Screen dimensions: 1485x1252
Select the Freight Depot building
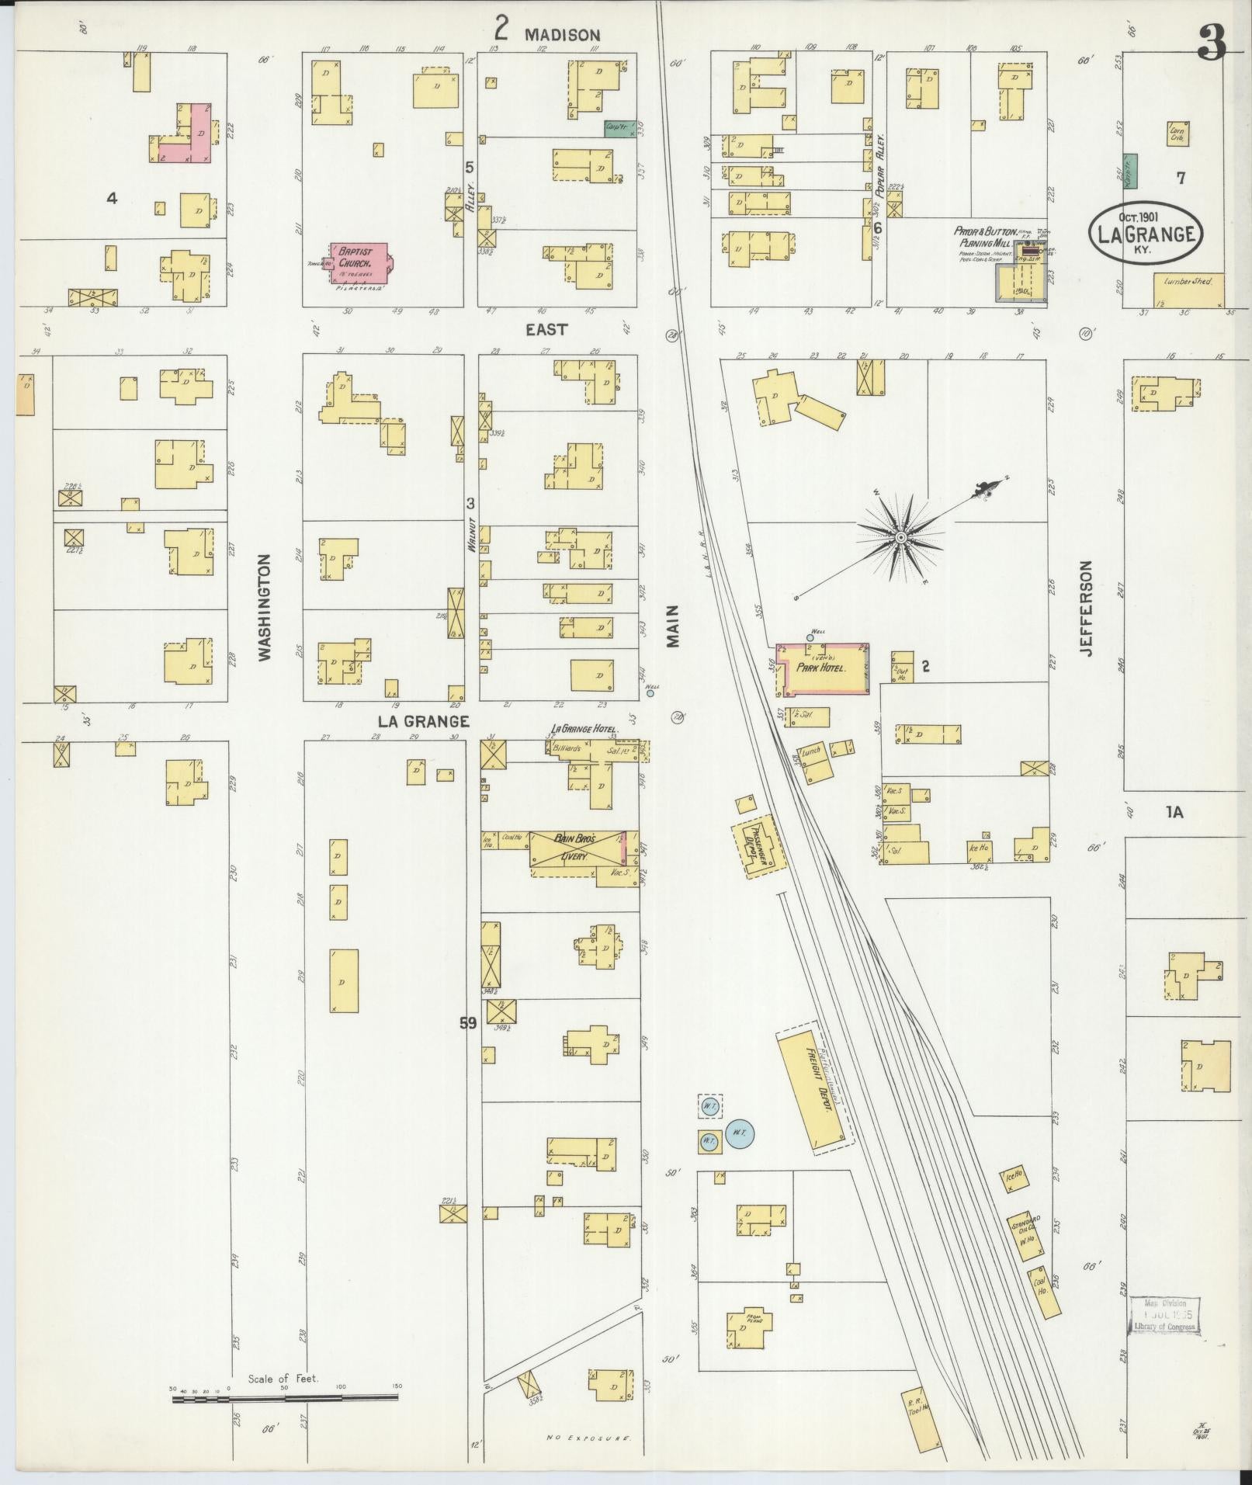coord(811,1085)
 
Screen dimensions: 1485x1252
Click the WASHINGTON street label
coord(265,607)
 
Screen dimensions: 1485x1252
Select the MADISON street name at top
coord(562,34)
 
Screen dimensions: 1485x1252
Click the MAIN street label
coord(672,626)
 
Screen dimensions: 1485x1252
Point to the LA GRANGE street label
coord(424,721)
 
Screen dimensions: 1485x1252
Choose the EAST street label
coord(546,329)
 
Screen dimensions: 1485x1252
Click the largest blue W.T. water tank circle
coord(739,1133)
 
